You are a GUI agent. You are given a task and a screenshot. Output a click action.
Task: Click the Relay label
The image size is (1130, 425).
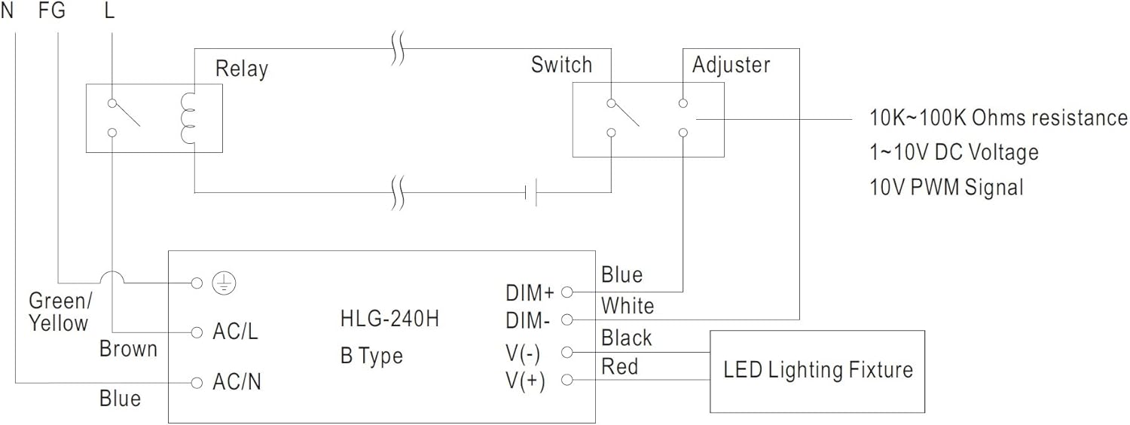(x=241, y=69)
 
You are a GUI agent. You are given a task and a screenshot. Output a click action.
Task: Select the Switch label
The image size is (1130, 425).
(x=561, y=65)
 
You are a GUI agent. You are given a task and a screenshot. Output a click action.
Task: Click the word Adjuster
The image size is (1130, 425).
(x=731, y=65)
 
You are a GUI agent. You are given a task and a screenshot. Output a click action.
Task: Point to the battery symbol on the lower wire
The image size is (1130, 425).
(x=530, y=193)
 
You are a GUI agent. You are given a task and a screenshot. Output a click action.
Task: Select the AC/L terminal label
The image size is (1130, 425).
(x=235, y=332)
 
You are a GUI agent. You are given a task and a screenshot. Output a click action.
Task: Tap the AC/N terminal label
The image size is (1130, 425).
(x=237, y=383)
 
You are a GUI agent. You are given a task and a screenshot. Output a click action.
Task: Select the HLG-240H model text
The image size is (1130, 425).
(x=389, y=319)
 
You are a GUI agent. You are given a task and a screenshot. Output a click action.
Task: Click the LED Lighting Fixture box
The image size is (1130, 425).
(x=817, y=370)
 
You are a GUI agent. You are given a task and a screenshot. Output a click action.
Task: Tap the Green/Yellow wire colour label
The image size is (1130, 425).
(x=59, y=312)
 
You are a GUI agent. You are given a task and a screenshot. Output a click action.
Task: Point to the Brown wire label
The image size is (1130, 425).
(x=129, y=349)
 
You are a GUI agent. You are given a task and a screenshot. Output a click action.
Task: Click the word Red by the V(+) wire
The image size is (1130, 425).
(x=619, y=367)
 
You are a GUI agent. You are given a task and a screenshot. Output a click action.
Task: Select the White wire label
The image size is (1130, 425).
(x=627, y=306)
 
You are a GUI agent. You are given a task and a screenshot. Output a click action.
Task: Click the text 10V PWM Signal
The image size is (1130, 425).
(x=946, y=186)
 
